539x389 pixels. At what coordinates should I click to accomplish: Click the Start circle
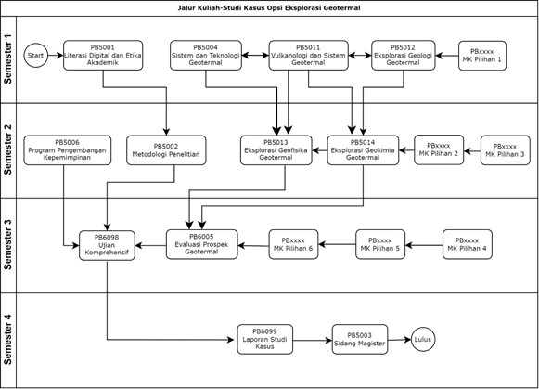36,55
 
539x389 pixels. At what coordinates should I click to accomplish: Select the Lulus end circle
423,339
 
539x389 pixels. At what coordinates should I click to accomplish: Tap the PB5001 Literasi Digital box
103,56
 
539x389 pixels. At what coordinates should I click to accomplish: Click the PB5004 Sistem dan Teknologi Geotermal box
206,56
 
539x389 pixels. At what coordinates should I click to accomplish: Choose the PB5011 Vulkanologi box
308,56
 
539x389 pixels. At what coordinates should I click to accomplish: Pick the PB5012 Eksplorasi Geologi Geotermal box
404,56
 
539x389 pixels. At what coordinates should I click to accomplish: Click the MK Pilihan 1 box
482,56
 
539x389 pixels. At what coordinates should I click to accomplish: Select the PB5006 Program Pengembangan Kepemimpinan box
68,150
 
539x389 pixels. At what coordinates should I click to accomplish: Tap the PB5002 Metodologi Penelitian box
166,150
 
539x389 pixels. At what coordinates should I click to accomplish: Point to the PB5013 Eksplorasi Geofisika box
276,150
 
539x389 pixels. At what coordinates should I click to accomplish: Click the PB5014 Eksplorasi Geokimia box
363,150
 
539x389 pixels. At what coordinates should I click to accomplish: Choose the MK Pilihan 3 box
506,150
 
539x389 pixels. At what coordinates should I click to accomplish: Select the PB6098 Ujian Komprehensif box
107,245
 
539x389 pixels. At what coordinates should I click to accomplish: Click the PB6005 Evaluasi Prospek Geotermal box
202,244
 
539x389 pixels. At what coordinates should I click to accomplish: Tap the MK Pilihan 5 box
380,244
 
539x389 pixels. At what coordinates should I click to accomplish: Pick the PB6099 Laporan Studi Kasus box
265,339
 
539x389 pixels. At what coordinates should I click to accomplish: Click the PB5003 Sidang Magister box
360,339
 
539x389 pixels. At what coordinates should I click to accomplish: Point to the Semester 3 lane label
7,245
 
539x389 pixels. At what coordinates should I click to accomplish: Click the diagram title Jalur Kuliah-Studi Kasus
269,8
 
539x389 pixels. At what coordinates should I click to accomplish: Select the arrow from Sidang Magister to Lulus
400,340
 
